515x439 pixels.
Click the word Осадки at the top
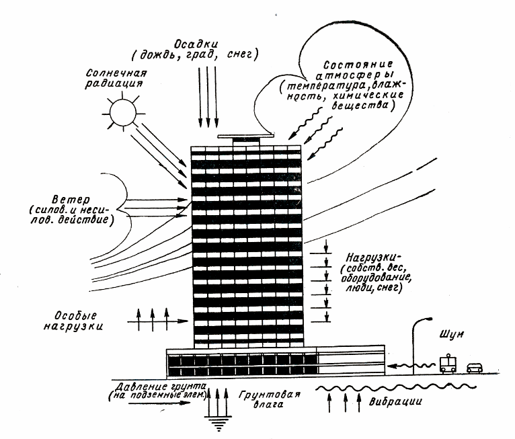(x=208, y=38)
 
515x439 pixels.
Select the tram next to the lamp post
(x=448, y=363)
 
